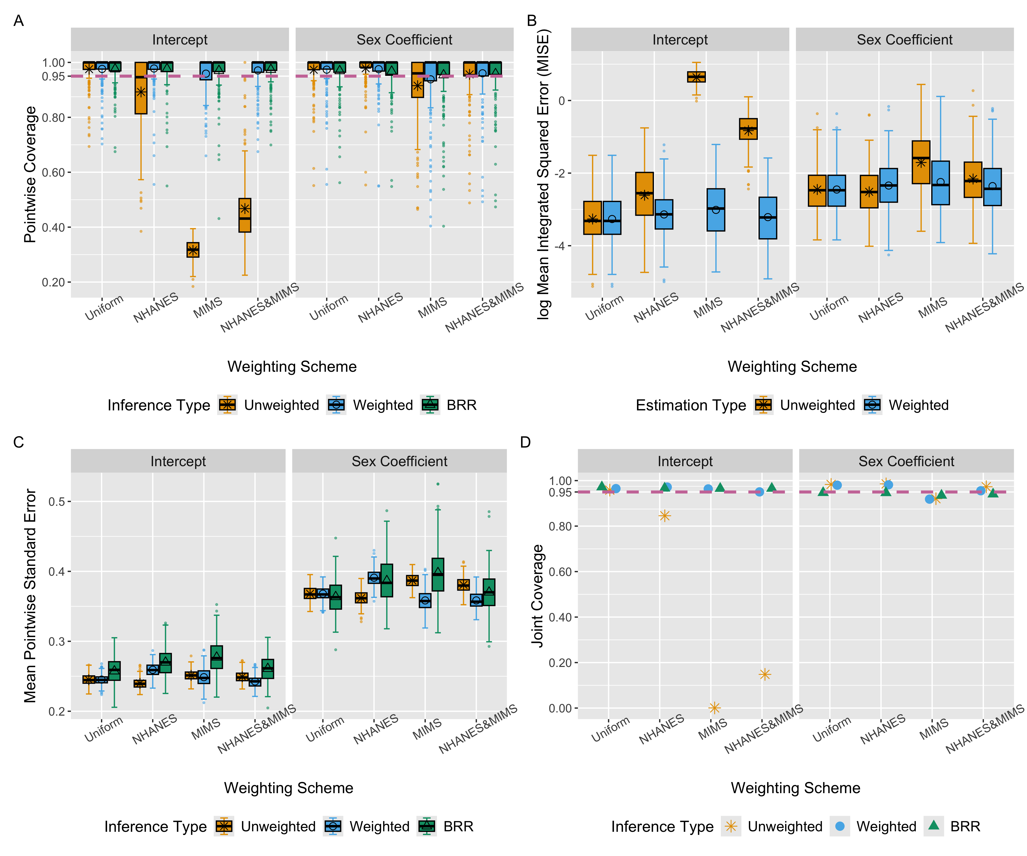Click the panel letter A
(x=19, y=21)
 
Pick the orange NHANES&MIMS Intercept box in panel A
(x=245, y=215)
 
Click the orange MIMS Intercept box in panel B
(x=696, y=77)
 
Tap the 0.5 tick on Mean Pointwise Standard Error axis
(x=58, y=501)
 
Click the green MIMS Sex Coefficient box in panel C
(x=438, y=575)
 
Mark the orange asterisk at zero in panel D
(x=714, y=708)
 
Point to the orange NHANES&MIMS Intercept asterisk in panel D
(x=765, y=675)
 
